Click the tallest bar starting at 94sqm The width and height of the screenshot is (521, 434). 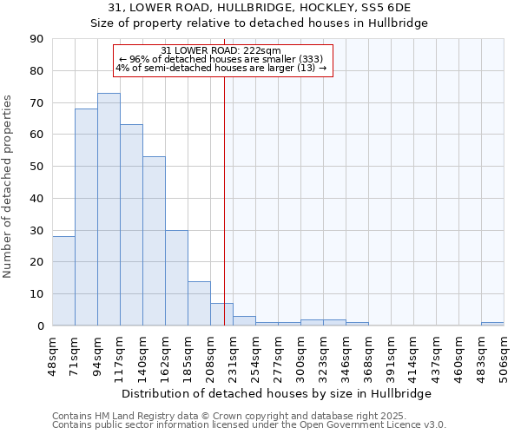109,209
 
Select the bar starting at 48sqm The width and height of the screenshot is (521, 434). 63,280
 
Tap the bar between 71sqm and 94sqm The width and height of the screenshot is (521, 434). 86,217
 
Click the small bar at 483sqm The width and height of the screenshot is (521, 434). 492,324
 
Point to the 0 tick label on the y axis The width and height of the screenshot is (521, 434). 39,325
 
